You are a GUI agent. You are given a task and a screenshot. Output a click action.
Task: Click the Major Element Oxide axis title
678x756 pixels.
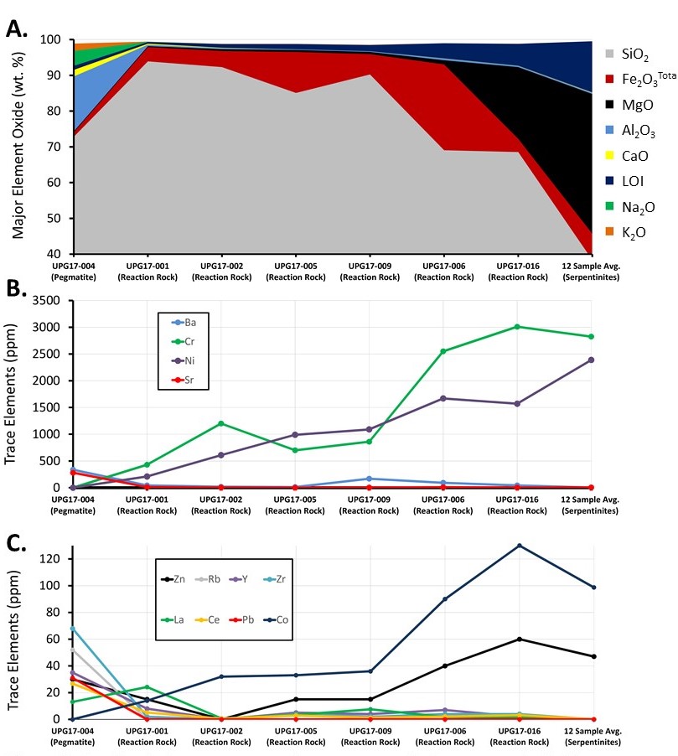(18, 142)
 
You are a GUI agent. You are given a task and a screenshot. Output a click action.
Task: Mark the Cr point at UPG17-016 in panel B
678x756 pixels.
(518, 327)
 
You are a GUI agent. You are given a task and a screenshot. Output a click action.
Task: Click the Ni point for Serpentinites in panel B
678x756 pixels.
(592, 360)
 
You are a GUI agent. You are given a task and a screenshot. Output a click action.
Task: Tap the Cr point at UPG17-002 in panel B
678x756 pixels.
(221, 423)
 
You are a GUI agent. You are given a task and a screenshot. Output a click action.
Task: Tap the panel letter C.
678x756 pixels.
(15, 544)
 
